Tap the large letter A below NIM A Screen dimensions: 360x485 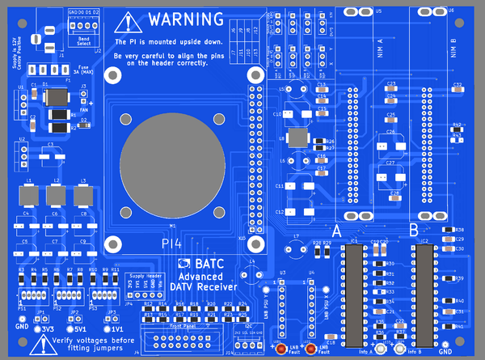point(337,230)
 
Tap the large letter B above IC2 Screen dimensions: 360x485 point(414,230)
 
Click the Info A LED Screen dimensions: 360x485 point(377,345)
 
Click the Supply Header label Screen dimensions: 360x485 point(144,276)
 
